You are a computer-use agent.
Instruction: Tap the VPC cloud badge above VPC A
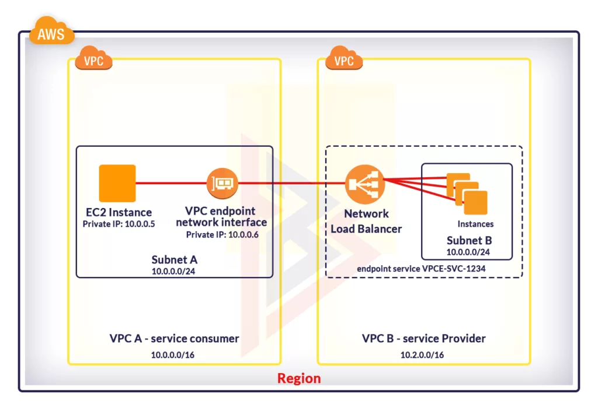tap(93, 61)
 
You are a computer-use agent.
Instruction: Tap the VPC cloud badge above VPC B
tap(343, 61)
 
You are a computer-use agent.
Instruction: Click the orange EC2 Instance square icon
tap(117, 183)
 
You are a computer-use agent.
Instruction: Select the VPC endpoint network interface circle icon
tap(222, 184)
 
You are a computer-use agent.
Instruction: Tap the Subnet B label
tap(469, 240)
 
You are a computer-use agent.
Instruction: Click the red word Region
tap(298, 378)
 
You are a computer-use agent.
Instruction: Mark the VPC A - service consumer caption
tap(174, 339)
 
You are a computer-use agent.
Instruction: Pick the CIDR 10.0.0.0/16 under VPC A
tap(173, 354)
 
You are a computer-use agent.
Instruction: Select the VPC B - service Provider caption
tap(423, 339)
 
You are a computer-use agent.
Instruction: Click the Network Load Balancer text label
tap(366, 221)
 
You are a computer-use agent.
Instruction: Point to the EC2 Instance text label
tap(119, 212)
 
